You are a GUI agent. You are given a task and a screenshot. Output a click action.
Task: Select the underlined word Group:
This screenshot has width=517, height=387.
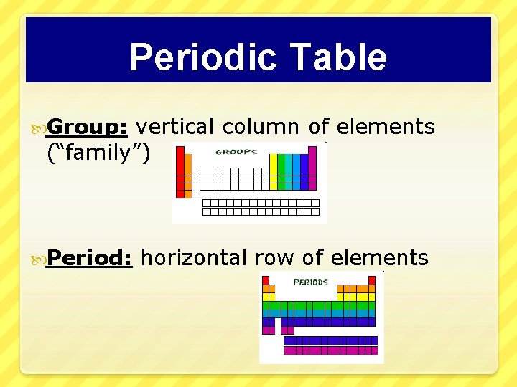(x=87, y=127)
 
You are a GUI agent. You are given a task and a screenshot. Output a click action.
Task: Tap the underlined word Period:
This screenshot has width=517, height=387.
(x=90, y=257)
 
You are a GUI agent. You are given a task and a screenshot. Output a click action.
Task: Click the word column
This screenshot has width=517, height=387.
(x=261, y=127)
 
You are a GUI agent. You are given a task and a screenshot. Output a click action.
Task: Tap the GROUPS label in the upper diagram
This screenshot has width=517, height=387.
(x=237, y=153)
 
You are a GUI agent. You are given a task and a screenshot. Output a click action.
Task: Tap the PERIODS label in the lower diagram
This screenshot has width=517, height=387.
(x=311, y=282)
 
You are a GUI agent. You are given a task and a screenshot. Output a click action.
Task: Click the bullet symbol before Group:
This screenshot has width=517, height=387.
(x=37, y=128)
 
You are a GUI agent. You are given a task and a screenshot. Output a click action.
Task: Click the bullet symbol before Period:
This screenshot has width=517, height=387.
(x=37, y=258)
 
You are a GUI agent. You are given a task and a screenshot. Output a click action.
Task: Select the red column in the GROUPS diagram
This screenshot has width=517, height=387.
(x=180, y=172)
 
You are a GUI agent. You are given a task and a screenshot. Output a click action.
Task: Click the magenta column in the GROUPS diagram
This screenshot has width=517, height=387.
(x=312, y=169)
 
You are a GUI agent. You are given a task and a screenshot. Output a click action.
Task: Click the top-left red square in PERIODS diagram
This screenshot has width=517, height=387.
(x=266, y=279)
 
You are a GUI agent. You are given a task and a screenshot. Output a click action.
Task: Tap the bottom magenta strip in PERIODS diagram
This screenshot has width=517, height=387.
(x=330, y=350)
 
